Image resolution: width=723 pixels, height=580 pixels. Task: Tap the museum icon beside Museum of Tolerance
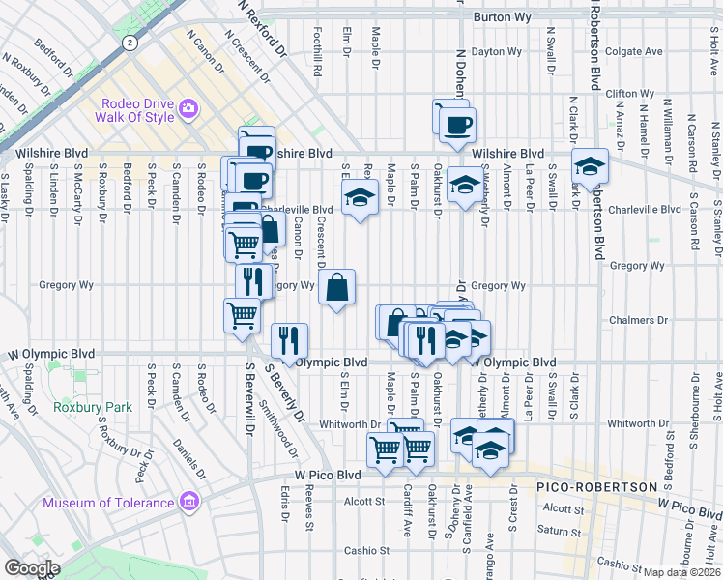click(188, 502)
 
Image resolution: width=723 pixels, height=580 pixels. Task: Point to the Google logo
click(31, 568)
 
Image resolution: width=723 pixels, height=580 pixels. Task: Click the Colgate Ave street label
click(633, 51)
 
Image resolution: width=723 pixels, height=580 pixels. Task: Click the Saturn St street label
click(560, 530)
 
